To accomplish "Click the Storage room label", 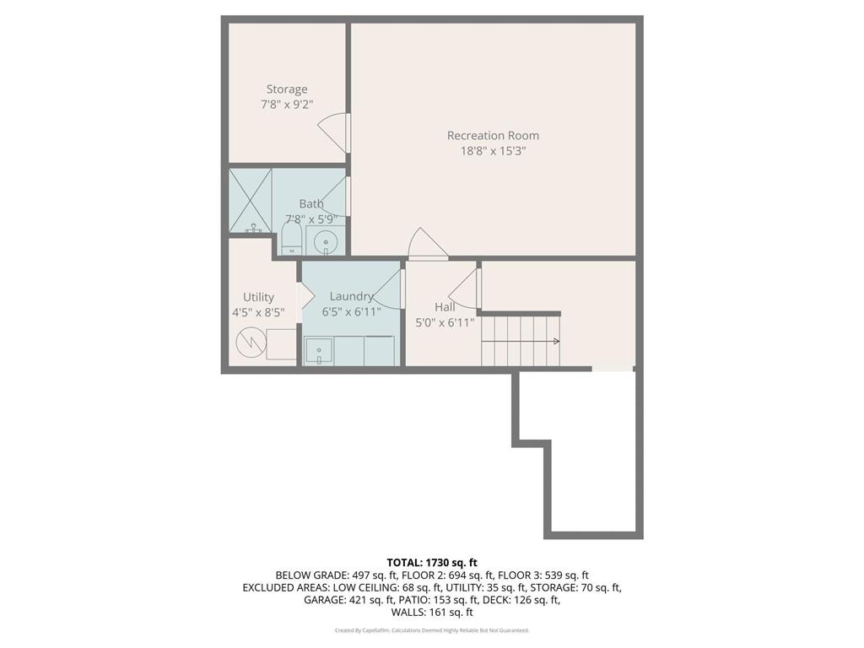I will coord(287,89).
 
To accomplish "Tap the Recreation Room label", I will coord(493,135).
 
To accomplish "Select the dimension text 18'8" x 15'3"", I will coord(493,152).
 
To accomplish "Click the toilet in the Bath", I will coord(291,236).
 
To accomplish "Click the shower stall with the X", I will coord(250,200).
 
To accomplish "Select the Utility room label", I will coord(258,297).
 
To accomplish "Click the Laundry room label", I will coord(351,296).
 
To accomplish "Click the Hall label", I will coord(445,307).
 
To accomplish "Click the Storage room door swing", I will coord(332,132).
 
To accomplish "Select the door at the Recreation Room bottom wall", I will coord(427,245).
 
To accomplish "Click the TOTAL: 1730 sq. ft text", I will coord(432,563).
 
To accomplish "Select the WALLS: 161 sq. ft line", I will coord(431,613).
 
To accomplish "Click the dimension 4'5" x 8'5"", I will coord(258,312).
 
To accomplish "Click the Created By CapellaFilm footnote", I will coord(432,630).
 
